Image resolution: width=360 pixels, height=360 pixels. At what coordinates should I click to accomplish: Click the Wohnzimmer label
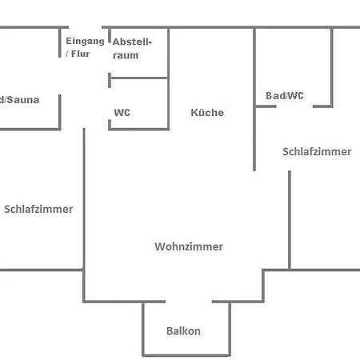[189, 246]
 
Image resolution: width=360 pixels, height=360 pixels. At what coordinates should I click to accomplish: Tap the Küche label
[207, 113]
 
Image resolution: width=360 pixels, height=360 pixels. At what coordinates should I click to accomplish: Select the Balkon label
[183, 331]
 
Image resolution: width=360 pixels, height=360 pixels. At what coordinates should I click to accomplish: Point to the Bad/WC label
[285, 96]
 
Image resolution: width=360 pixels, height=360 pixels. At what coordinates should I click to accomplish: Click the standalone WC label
[122, 113]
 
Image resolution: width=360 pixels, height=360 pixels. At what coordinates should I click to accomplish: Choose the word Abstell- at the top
[132, 41]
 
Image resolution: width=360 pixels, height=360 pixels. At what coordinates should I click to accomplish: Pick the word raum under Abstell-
[126, 55]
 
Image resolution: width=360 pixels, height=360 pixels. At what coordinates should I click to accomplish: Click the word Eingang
[85, 41]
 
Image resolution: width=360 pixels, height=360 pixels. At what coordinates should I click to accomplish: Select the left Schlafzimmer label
[38, 210]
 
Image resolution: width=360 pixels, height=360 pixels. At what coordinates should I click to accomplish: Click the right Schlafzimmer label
[317, 151]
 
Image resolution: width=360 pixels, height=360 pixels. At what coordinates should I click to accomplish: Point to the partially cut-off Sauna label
[19, 100]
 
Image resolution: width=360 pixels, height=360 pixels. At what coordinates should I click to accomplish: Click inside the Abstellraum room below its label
[138, 68]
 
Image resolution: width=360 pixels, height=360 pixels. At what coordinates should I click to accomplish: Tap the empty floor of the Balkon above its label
[186, 314]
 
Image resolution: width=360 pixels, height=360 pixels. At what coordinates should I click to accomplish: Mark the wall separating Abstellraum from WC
[138, 78]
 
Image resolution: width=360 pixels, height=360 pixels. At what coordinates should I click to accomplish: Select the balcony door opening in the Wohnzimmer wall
[189, 302]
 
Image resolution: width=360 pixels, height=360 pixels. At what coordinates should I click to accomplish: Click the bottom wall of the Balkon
[186, 354]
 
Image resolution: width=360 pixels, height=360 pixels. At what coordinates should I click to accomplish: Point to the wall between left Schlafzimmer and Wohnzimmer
[84, 200]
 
